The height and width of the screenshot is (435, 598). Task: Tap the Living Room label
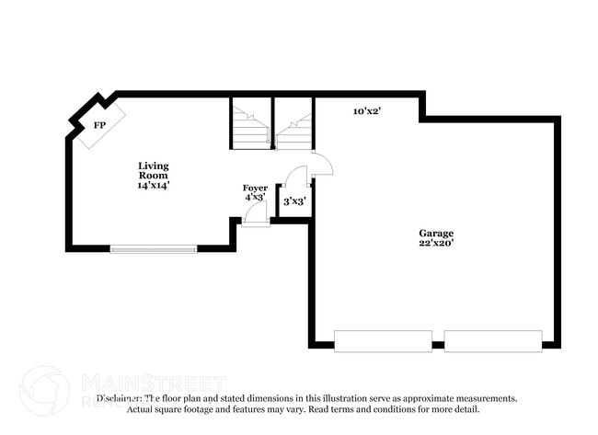tap(154, 170)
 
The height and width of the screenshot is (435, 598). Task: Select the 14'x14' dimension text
tap(154, 185)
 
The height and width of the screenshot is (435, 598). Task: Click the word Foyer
tap(255, 188)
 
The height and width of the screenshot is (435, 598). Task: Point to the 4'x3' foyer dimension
tap(255, 198)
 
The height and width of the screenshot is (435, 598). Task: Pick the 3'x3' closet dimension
tap(294, 200)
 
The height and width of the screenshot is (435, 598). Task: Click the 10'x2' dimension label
tap(367, 111)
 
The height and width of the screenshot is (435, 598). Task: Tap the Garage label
tap(436, 233)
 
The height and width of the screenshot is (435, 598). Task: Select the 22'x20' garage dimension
tap(436, 244)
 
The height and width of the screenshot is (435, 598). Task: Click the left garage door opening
tap(383, 341)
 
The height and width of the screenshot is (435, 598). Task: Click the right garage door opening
tap(493, 341)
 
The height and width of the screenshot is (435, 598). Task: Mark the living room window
tap(154, 248)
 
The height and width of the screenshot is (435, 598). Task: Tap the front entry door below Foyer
tap(256, 215)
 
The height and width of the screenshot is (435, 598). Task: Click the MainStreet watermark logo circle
tap(43, 390)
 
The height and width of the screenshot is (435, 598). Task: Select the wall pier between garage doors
tap(438, 345)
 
